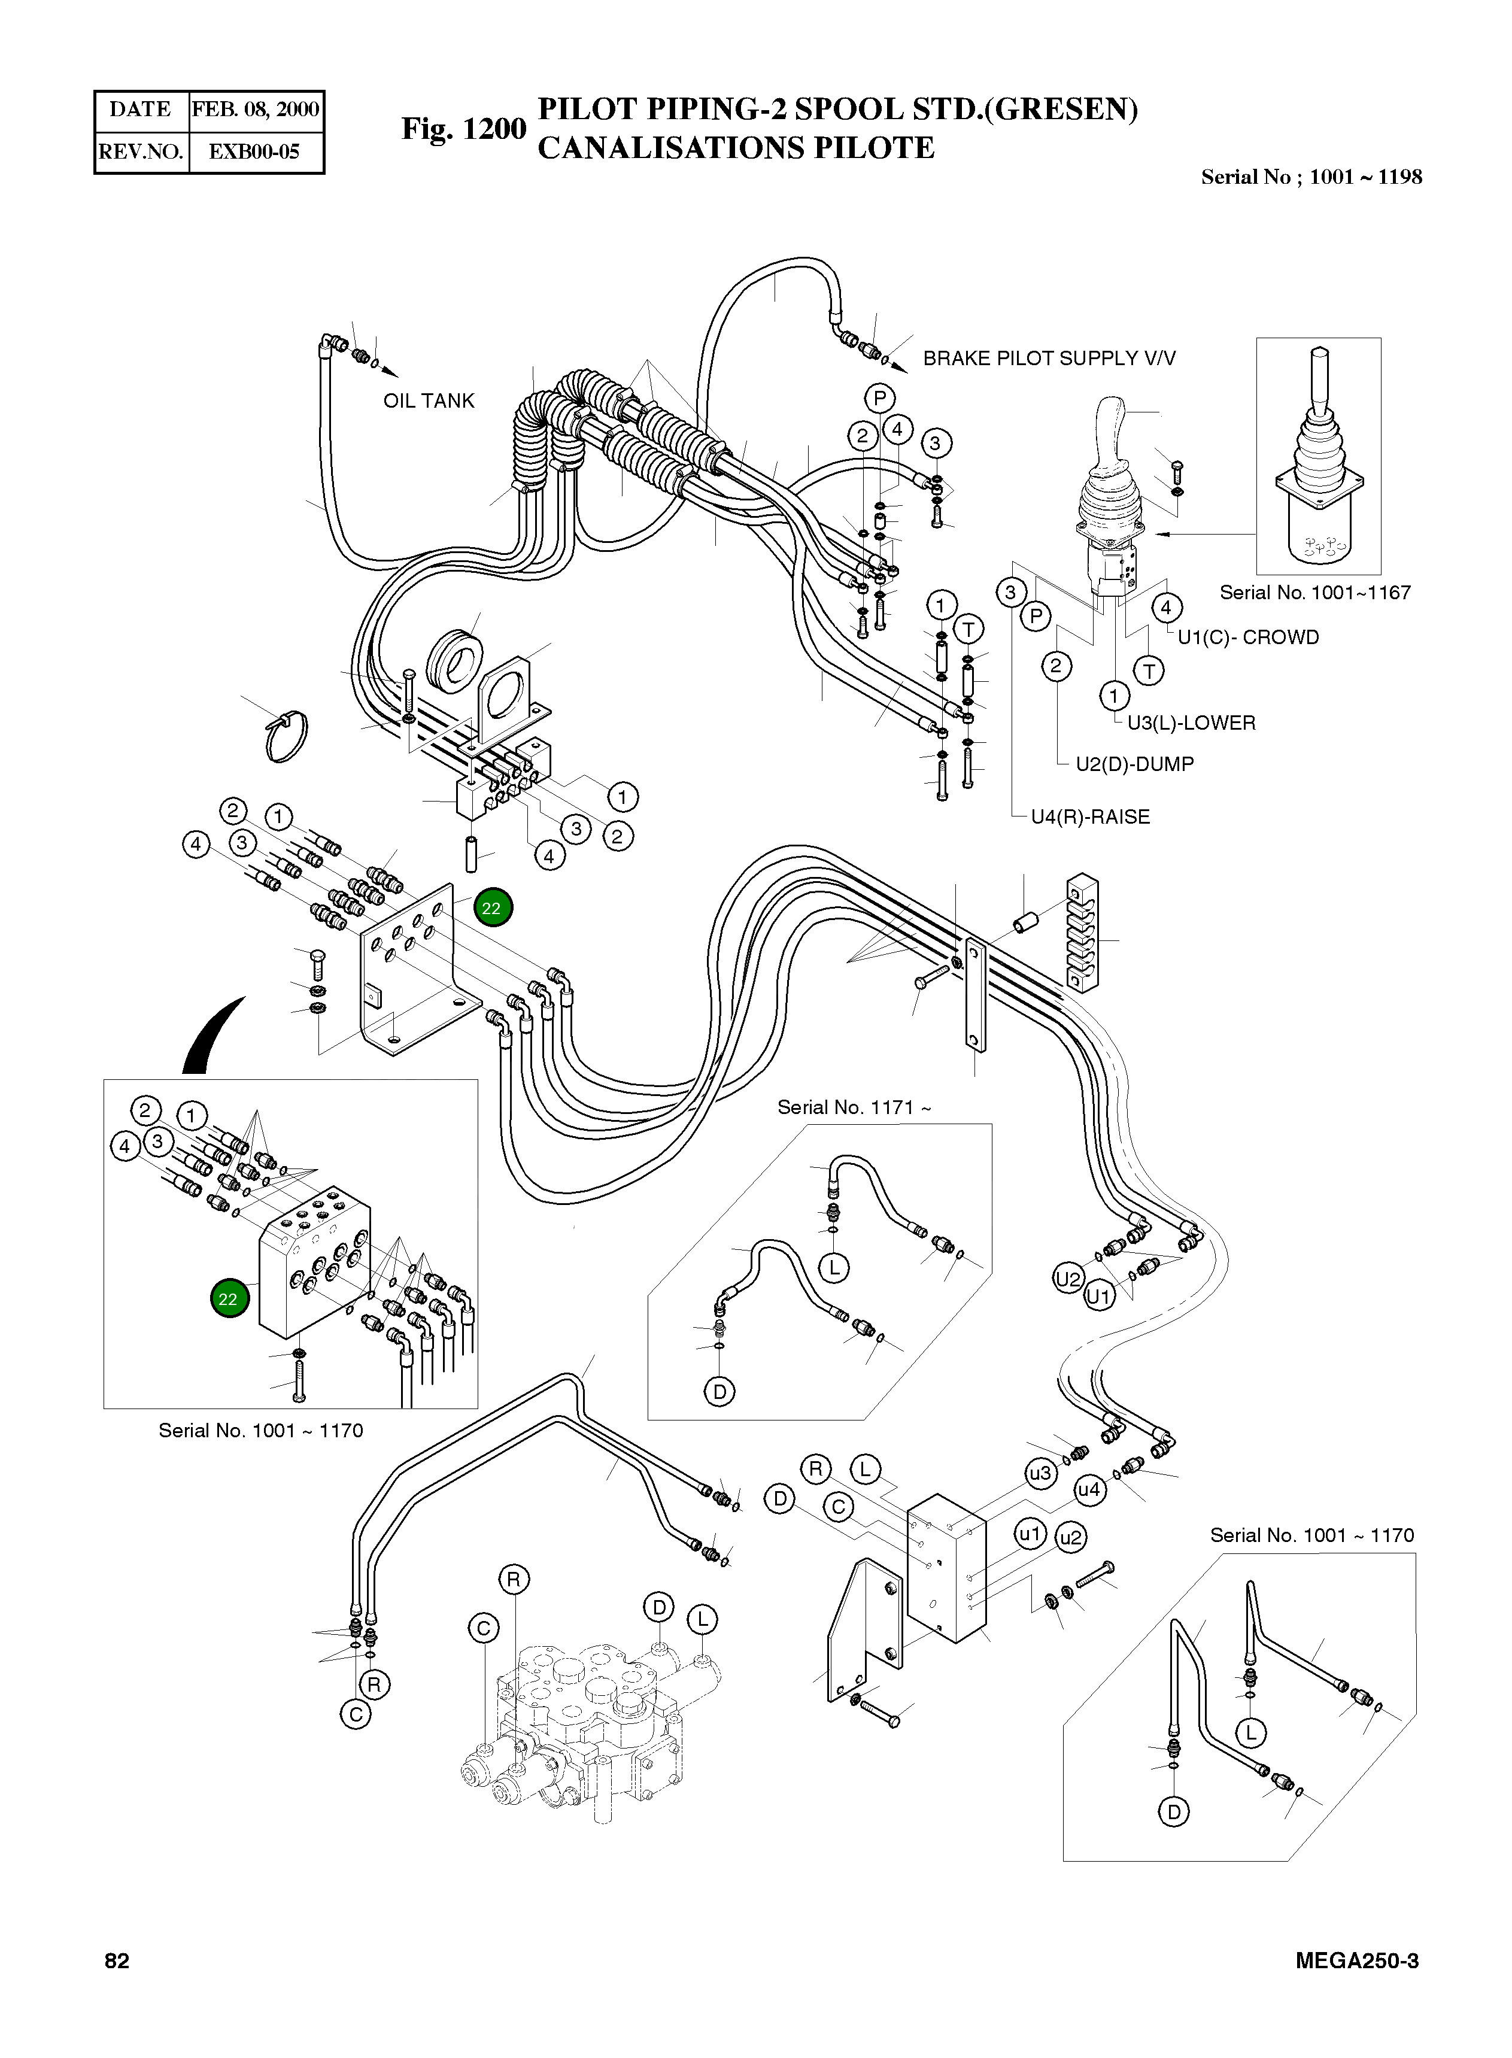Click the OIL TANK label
(429, 401)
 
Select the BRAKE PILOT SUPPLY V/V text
(1048, 358)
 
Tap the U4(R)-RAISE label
(1090, 817)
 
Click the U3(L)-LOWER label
(1191, 723)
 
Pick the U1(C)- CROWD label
(1247, 638)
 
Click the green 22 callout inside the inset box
(229, 1298)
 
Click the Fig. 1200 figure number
(464, 129)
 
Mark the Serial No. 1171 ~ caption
(854, 1107)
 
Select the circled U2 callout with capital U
(1068, 1279)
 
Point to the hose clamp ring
(286, 737)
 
